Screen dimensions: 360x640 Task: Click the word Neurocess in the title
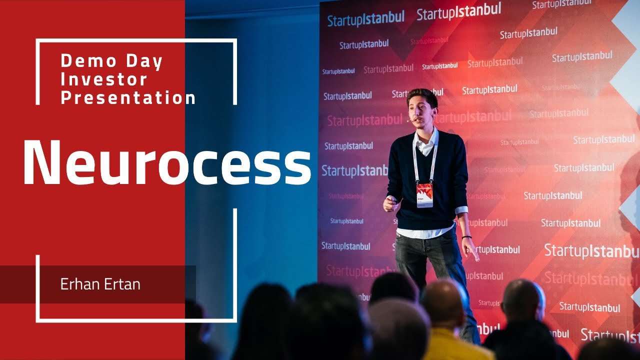tap(167, 161)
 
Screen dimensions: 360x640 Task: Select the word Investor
tap(104, 79)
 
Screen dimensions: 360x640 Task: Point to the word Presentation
tap(128, 97)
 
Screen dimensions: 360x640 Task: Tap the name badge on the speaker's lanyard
tap(424, 195)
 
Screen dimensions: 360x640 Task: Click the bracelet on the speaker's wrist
tap(466, 237)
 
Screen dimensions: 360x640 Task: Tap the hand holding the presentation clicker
tap(391, 203)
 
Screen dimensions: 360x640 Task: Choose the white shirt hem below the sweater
tap(425, 232)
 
